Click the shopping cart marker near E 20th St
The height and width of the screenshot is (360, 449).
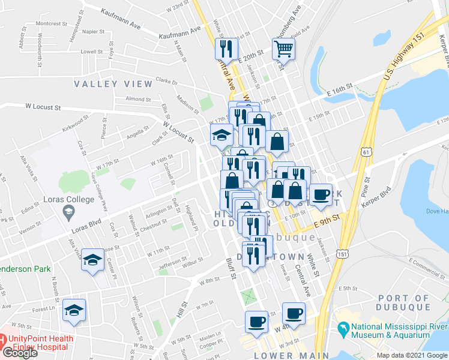point(283,48)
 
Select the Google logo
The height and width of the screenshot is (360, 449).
point(19,353)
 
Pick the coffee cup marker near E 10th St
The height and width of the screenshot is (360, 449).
point(321,194)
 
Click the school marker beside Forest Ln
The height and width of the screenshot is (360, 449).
point(75,310)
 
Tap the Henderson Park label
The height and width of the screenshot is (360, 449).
point(25,269)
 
